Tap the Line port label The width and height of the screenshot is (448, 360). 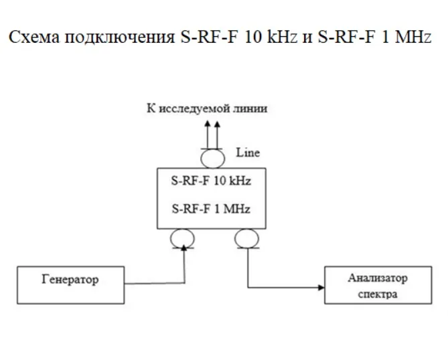[x=248, y=153]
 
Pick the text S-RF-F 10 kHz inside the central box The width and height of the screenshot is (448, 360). [x=211, y=181]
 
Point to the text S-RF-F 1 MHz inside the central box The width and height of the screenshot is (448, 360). [x=211, y=209]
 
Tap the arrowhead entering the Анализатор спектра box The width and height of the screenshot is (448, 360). [x=321, y=288]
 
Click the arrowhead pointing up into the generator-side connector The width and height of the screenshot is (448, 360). [x=184, y=248]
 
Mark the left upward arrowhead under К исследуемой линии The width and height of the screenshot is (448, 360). [x=208, y=124]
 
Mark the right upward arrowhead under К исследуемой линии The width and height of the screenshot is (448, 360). [x=217, y=124]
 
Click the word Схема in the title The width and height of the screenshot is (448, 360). [x=35, y=37]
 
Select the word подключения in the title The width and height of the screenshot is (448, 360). [x=120, y=37]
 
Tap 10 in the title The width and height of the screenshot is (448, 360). [x=253, y=37]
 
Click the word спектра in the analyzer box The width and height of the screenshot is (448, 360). [x=378, y=294]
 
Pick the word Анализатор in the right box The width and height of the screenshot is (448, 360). [x=378, y=278]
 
